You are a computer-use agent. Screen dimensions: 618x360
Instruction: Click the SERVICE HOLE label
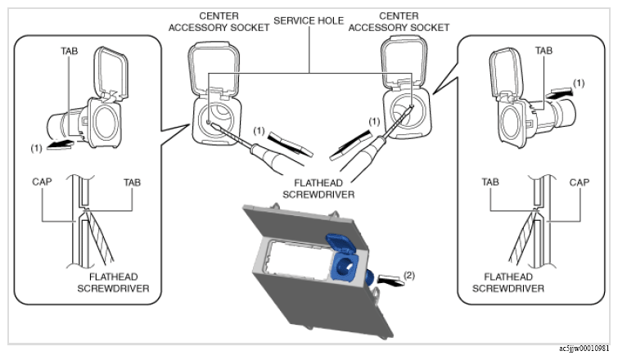(x=309, y=20)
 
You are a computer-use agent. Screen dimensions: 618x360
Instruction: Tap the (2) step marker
(x=409, y=275)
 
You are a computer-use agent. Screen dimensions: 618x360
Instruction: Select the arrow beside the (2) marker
(x=390, y=280)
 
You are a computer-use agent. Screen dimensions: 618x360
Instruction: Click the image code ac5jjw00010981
(x=584, y=349)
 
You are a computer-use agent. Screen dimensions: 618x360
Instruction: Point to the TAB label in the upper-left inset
(x=70, y=51)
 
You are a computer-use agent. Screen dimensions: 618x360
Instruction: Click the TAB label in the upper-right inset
(x=544, y=51)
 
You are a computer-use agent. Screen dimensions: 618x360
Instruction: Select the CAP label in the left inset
(x=42, y=182)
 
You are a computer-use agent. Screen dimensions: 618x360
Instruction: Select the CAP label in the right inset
(x=580, y=182)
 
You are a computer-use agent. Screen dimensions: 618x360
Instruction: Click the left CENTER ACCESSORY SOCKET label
(x=219, y=21)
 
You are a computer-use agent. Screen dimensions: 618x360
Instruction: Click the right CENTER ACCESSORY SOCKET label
(x=399, y=21)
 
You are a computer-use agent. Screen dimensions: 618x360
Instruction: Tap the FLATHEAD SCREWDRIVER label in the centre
(x=318, y=189)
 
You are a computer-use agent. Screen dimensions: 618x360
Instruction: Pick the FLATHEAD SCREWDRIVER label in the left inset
(x=113, y=283)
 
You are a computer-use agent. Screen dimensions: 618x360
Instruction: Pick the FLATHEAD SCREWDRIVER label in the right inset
(x=508, y=283)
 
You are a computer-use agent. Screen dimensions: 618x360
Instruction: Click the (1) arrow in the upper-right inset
(x=559, y=93)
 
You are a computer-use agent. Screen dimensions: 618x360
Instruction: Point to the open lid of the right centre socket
(x=404, y=62)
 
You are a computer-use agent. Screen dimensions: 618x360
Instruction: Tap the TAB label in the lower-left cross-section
(x=132, y=182)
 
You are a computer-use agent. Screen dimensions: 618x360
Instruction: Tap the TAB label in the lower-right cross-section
(x=490, y=182)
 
